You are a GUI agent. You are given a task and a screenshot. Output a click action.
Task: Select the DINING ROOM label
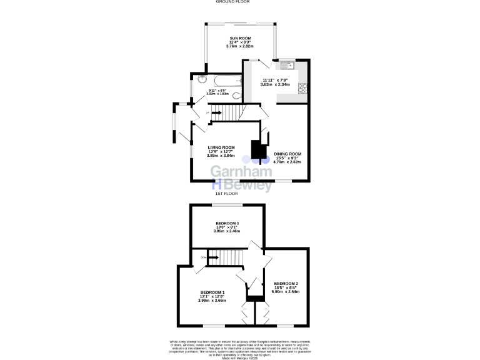pos(287,154)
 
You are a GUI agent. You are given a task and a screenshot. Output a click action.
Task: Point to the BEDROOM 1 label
pos(212,292)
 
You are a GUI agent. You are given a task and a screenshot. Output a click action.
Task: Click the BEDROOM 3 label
pos(227,223)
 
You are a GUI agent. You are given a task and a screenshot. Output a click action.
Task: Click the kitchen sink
pos(288,64)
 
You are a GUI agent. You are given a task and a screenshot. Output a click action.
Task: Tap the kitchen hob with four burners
pos(303,88)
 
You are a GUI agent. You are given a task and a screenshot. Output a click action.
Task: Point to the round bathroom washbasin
pos(201,80)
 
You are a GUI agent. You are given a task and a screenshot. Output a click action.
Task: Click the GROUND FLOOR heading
pos(232,2)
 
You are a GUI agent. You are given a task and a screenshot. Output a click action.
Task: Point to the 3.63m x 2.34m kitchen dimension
pos(275,84)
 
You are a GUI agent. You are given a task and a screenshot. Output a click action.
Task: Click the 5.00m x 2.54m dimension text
pos(286,292)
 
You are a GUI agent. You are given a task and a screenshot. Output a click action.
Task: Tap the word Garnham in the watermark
pos(241,172)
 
